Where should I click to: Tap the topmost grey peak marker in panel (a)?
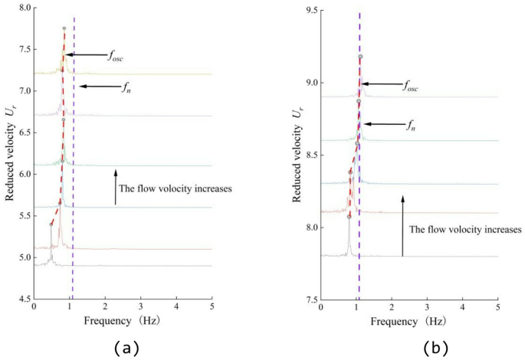click(x=64, y=28)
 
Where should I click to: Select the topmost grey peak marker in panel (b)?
click(x=359, y=57)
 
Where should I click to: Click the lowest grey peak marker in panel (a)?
click(x=51, y=224)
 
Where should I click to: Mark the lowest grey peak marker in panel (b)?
click(x=349, y=217)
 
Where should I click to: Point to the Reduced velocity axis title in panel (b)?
click(x=294, y=154)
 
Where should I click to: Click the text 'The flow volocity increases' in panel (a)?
click(x=173, y=187)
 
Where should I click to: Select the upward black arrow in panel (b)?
click(x=402, y=225)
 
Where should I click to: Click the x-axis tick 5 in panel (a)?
click(x=212, y=308)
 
